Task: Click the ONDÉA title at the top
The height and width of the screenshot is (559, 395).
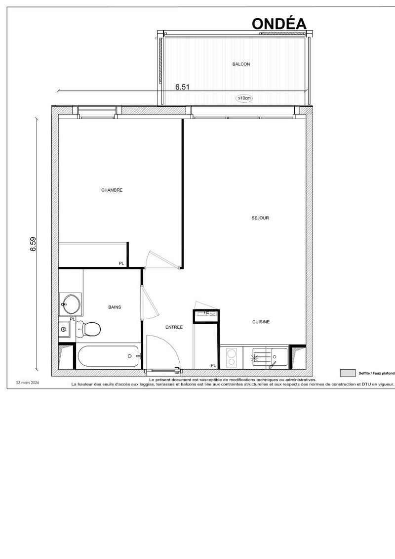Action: [x=279, y=24]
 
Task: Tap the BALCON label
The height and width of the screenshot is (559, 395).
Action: [x=241, y=64]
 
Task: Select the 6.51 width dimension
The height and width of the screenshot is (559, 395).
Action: [x=182, y=87]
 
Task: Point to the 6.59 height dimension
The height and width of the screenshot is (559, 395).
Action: [x=33, y=244]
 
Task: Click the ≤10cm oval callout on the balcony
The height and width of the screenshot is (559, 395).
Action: [x=244, y=98]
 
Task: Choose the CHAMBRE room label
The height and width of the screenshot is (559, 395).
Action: [x=112, y=190]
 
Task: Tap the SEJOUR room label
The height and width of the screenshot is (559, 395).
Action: [x=260, y=218]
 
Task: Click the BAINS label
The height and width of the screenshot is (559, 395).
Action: [x=115, y=307]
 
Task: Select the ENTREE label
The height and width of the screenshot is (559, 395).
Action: [x=174, y=327]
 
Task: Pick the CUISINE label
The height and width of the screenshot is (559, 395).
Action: [x=261, y=322]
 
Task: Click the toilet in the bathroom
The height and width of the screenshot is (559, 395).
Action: [x=88, y=329]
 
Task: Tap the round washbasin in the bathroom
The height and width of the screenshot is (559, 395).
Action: [x=71, y=304]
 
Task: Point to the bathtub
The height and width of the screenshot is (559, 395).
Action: [x=109, y=356]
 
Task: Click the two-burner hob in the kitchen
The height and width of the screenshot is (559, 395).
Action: [x=232, y=357]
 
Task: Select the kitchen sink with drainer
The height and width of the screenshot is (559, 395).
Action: [x=269, y=357]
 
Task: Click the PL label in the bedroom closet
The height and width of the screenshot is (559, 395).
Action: [x=121, y=263]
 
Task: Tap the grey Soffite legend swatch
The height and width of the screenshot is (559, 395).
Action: [x=348, y=373]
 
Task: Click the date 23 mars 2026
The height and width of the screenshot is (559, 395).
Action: [x=28, y=383]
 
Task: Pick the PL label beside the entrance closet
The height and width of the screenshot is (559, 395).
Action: [x=213, y=365]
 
